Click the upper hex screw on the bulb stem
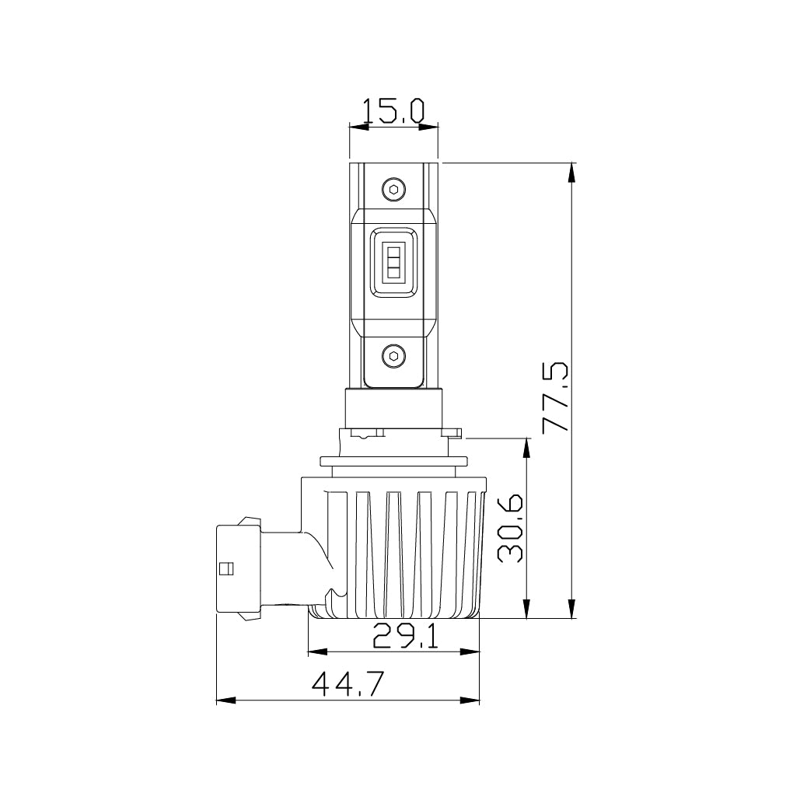[394, 189]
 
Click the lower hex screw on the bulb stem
[394, 355]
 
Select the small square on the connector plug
[227, 568]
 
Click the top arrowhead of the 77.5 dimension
[573, 172]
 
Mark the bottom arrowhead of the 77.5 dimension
[573, 610]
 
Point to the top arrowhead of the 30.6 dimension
[528, 447]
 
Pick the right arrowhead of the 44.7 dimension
[471, 700]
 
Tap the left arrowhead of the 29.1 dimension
[317, 652]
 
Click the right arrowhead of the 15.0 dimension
[430, 127]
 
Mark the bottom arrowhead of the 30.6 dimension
[528, 610]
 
